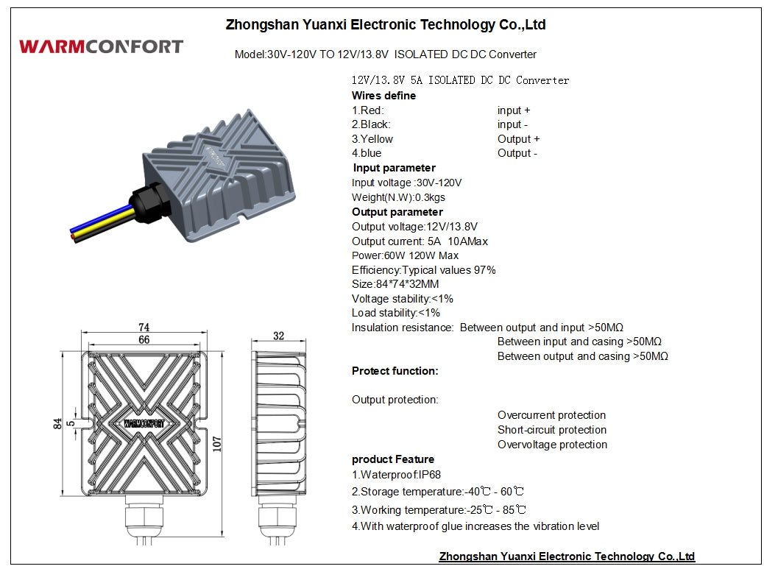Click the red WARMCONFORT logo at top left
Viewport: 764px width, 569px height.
pyautogui.click(x=102, y=46)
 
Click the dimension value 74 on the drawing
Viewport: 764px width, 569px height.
pyautogui.click(x=144, y=327)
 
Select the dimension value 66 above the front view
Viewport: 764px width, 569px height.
pyautogui.click(x=144, y=339)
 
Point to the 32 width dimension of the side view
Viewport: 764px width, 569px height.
pyautogui.click(x=278, y=336)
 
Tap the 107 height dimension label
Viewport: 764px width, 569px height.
pyautogui.click(x=217, y=445)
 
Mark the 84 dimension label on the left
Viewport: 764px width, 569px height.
pyautogui.click(x=57, y=424)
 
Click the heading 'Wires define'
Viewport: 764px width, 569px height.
pyautogui.click(x=384, y=96)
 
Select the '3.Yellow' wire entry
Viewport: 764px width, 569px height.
pyautogui.click(x=372, y=139)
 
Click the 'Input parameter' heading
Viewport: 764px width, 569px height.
pyautogui.click(x=395, y=168)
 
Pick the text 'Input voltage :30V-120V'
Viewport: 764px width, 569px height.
pyautogui.click(x=406, y=183)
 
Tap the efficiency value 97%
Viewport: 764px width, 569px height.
pyautogui.click(x=485, y=270)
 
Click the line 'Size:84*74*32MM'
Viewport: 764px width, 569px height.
pyautogui.click(x=395, y=284)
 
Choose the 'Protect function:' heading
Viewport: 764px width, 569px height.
pyautogui.click(x=395, y=371)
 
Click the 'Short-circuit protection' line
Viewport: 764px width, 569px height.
pyautogui.click(x=552, y=430)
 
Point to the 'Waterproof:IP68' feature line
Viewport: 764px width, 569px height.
pyautogui.click(x=396, y=475)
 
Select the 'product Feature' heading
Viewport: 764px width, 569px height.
pyautogui.click(x=393, y=459)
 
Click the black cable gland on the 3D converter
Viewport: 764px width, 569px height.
pyautogui.click(x=149, y=202)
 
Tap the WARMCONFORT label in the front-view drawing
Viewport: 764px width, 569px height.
pyautogui.click(x=144, y=423)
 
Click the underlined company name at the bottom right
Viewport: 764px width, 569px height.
pyautogui.click(x=567, y=556)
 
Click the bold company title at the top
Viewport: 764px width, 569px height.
pyautogui.click(x=386, y=24)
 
